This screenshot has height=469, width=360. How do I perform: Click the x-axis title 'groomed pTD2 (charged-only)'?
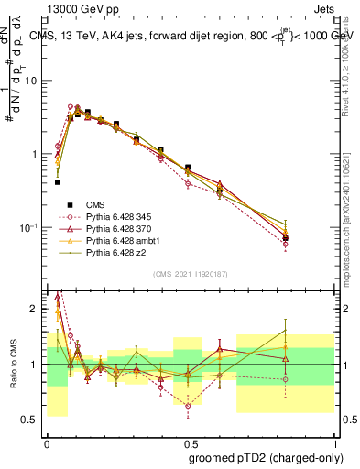pos(266,457)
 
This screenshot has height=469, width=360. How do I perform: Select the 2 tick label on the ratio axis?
pos(35,310)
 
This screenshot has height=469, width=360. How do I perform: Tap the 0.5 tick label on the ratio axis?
pos(31,420)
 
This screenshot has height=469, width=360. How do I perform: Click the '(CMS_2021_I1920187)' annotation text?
pos(191,273)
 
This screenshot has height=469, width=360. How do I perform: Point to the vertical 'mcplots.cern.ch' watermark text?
pos(349,229)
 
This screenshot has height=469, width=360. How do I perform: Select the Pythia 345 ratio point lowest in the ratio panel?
pos(189,405)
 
